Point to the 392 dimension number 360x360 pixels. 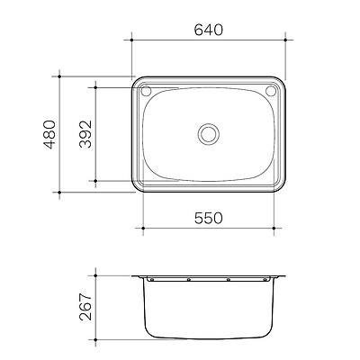(84, 135)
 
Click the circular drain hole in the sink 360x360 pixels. (210, 133)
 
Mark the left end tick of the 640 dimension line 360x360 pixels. (131, 39)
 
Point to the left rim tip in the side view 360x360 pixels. (131, 275)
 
